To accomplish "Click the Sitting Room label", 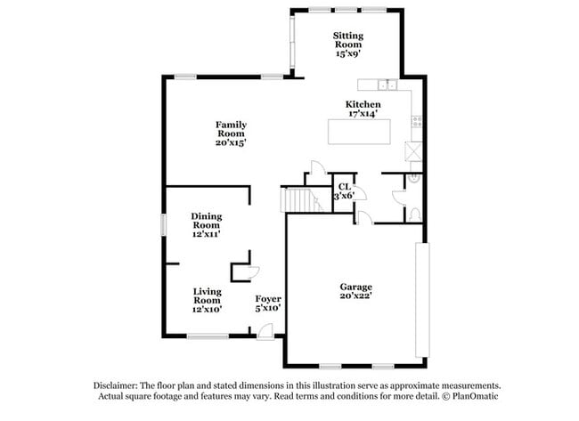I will coord(348,44).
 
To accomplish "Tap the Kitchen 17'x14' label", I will coord(363,109).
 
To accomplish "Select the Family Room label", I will coord(231,133).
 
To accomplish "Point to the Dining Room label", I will coord(207,224).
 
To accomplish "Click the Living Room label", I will coord(208,299).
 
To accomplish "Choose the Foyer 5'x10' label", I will coord(268,303).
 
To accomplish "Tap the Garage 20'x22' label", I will coord(355,291).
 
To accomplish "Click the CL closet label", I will coord(344,190).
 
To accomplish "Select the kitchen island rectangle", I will coord(363,131).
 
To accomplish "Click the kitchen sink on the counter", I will coord(386,85).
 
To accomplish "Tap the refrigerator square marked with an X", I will coord(413,150).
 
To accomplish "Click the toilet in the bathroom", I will coord(412,214).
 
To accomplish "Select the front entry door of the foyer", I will coord(265,333).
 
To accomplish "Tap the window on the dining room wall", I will coord(163,224).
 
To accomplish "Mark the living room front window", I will coord(208,336).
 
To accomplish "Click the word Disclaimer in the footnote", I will coord(117,385).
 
